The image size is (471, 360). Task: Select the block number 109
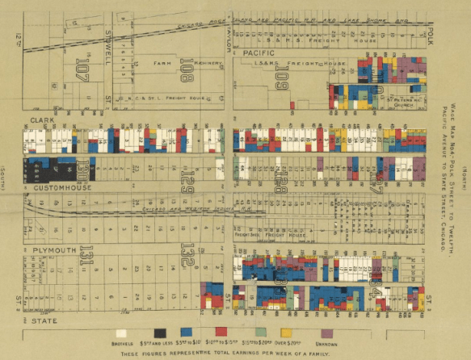point(281,77)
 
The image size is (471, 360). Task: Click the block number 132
point(187,258)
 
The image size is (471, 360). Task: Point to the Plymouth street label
point(50,240)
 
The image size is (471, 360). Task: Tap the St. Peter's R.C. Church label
point(402,101)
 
